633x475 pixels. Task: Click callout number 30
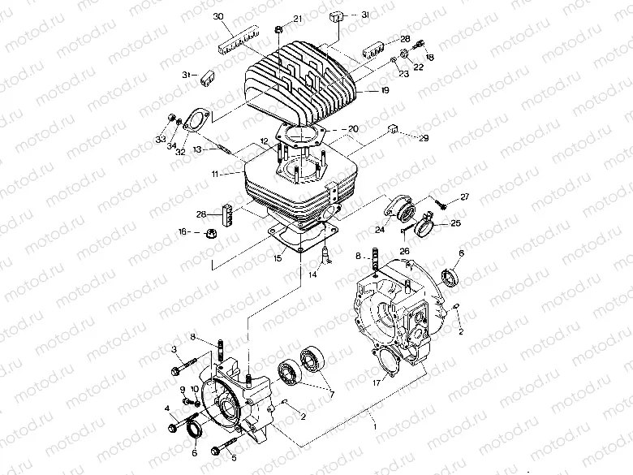195,17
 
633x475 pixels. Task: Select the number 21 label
297,18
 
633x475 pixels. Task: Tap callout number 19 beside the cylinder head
385,90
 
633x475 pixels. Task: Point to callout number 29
423,138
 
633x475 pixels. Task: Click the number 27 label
465,197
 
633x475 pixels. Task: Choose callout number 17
374,382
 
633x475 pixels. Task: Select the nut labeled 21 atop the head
278,32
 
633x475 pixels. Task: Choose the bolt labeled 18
421,44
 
